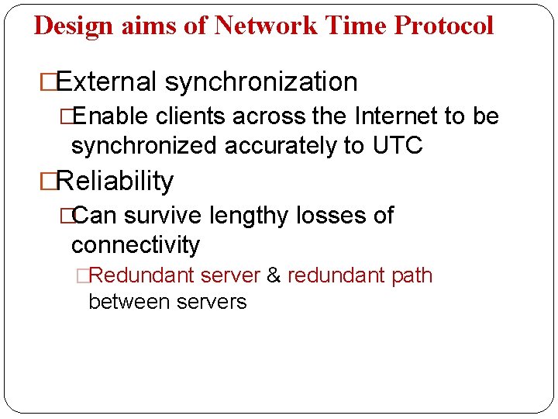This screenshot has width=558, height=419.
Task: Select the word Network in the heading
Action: click(264, 26)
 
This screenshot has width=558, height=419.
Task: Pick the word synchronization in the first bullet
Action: click(261, 81)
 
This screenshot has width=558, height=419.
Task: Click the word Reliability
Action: click(115, 181)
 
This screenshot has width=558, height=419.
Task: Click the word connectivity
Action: click(136, 245)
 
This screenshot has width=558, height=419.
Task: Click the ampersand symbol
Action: click(274, 275)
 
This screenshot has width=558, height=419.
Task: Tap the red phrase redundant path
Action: click(360, 275)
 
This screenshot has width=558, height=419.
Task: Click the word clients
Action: click(192, 117)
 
